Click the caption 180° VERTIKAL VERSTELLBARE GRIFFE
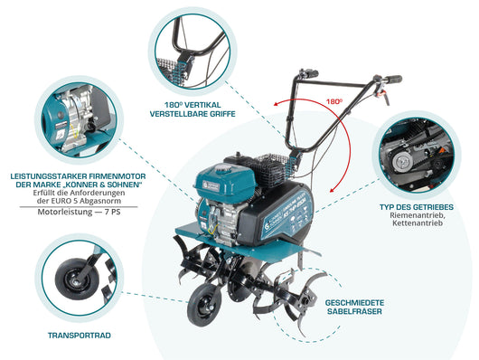[x=194, y=109]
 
